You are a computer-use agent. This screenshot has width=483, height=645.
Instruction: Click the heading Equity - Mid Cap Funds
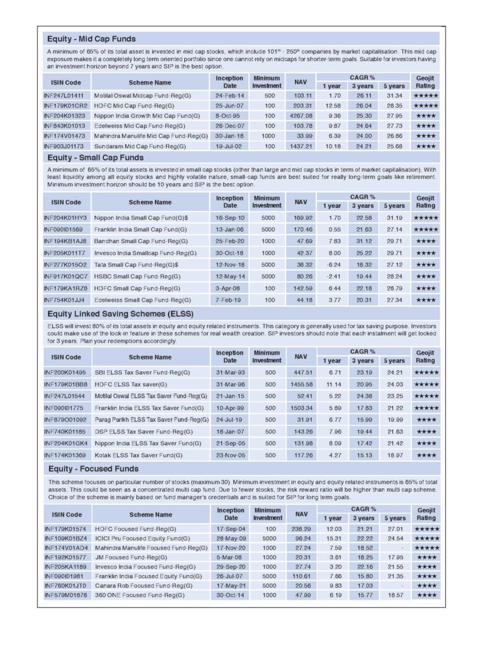[91, 39]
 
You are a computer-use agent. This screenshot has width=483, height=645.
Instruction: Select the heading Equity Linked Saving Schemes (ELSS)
[120, 313]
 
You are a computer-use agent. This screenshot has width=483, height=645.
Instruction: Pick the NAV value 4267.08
[300, 116]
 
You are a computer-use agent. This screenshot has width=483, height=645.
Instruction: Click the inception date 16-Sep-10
[230, 217]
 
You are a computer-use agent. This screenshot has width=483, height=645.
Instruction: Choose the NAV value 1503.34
[300, 408]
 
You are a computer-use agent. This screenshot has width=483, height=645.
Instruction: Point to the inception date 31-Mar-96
[230, 384]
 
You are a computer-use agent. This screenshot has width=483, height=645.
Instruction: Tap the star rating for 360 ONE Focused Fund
[426, 595]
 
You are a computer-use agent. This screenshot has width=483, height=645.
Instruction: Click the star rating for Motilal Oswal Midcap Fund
[426, 95]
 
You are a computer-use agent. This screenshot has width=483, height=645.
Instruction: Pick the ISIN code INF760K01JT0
[65, 585]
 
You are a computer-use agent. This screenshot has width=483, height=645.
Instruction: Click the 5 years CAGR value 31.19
[394, 217]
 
